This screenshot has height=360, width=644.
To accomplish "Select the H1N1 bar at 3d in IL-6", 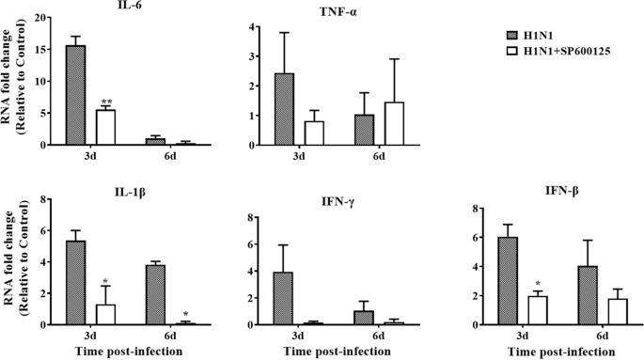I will tap(75, 95).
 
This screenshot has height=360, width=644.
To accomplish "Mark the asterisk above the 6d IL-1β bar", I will tap(185, 314).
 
